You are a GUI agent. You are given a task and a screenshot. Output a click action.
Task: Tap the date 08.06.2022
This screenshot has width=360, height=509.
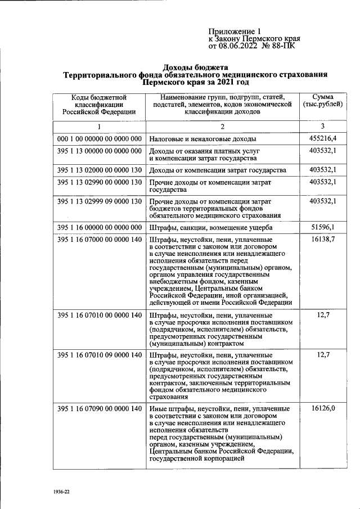coord(240,47)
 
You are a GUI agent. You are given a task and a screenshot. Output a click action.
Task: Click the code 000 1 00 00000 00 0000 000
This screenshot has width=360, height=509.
coord(99,138)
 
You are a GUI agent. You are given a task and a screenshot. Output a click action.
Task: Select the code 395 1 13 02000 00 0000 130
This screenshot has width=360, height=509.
coord(99,170)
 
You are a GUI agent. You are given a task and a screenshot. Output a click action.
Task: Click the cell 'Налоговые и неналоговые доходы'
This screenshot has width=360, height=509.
coord(202,138)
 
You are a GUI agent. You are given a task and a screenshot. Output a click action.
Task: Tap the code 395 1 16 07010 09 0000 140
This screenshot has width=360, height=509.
coord(99,355)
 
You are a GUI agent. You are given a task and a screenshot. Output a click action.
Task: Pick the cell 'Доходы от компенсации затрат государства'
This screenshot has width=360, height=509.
coord(217,170)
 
